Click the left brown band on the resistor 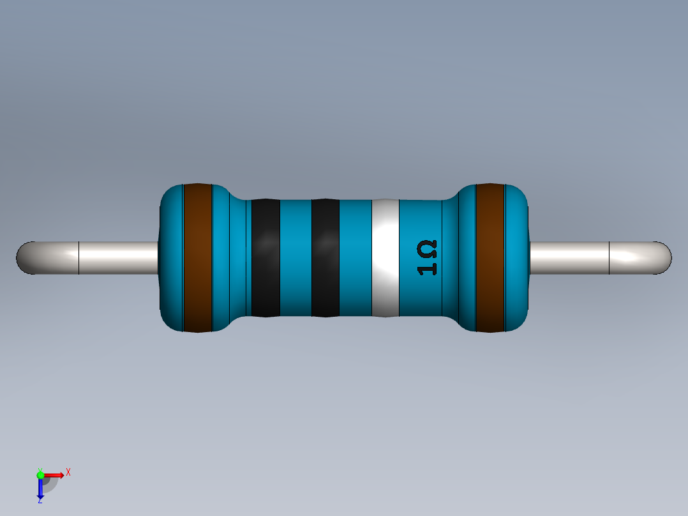point(197,257)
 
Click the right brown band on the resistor point(490,257)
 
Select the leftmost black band point(265,257)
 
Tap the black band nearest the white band point(325,257)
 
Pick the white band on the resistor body point(385,257)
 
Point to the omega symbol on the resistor point(428,248)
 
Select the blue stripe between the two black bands point(295,257)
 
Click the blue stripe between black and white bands point(355,257)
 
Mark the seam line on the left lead point(79,258)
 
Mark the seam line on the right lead point(609,258)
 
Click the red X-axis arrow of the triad point(56,474)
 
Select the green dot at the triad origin point(40,474)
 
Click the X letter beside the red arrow point(68,472)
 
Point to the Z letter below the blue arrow point(40,501)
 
